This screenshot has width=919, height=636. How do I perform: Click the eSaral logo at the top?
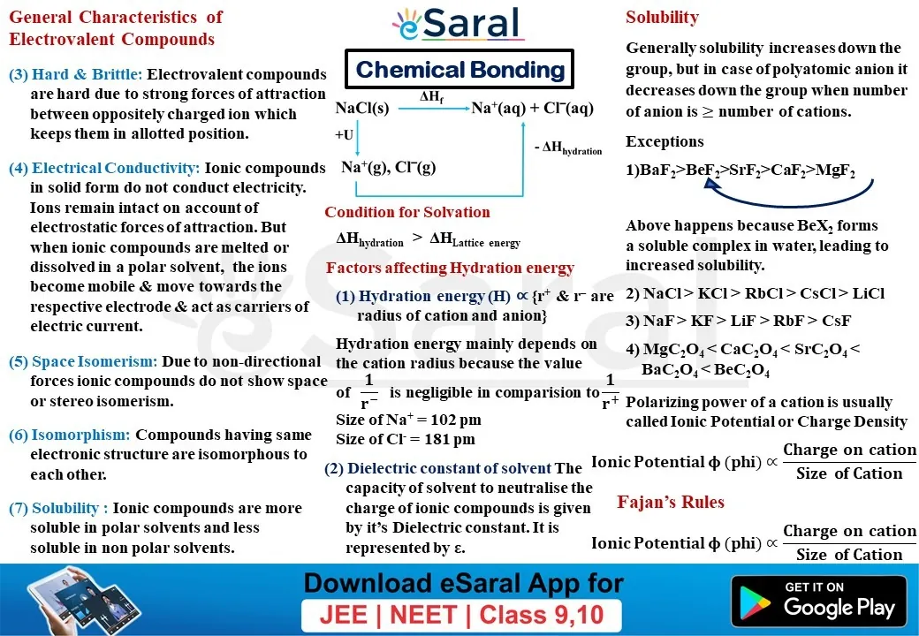pyautogui.click(x=457, y=24)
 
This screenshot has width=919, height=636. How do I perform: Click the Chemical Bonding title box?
pyautogui.click(x=459, y=69)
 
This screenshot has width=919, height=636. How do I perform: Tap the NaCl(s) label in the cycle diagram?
pyautogui.click(x=362, y=109)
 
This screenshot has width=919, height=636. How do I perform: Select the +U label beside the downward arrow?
pyautogui.click(x=344, y=134)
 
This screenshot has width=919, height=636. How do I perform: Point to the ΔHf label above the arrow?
pyautogui.click(x=431, y=97)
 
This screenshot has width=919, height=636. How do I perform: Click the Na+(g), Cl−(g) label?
pyautogui.click(x=389, y=168)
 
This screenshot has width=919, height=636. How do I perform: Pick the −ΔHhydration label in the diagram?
pyautogui.click(x=568, y=148)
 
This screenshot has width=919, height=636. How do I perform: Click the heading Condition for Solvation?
pyautogui.click(x=407, y=212)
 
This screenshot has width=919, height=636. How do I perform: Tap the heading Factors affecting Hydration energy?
pyautogui.click(x=450, y=269)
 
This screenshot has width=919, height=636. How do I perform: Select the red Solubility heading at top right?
pyautogui.click(x=662, y=18)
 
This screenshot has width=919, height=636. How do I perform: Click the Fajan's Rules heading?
pyautogui.click(x=671, y=502)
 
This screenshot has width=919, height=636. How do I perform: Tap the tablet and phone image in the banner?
pyautogui.click(x=83, y=600)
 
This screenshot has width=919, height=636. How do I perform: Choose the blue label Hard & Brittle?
pyautogui.click(x=87, y=74)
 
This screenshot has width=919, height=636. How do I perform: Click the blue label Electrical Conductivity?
pyautogui.click(x=116, y=168)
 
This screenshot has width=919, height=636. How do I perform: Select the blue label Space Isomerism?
pyautogui.click(x=95, y=362)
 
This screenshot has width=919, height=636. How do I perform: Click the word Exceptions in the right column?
pyautogui.click(x=665, y=141)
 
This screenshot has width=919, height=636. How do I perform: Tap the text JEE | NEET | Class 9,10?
pyautogui.click(x=461, y=615)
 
